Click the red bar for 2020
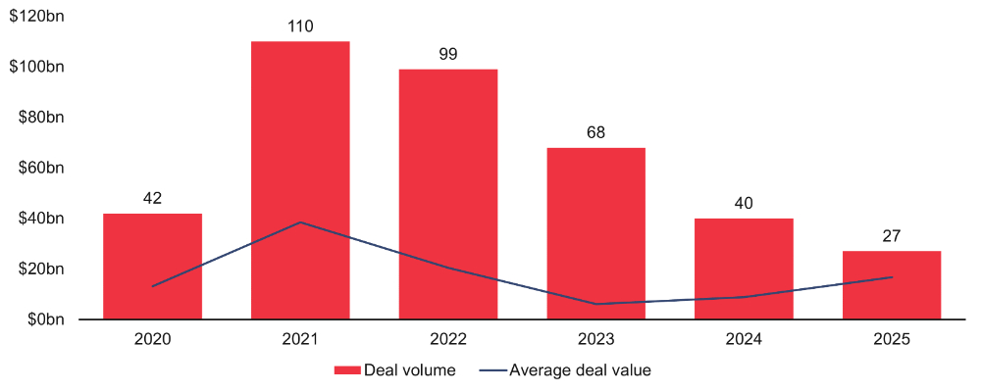(x=152, y=266)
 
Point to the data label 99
(x=448, y=55)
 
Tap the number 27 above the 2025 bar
(x=892, y=236)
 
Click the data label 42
(x=152, y=199)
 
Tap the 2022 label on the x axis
(x=448, y=339)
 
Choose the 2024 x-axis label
(x=744, y=339)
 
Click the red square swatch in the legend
(x=347, y=370)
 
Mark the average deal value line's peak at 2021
(x=300, y=222)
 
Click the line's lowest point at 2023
(x=595, y=304)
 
